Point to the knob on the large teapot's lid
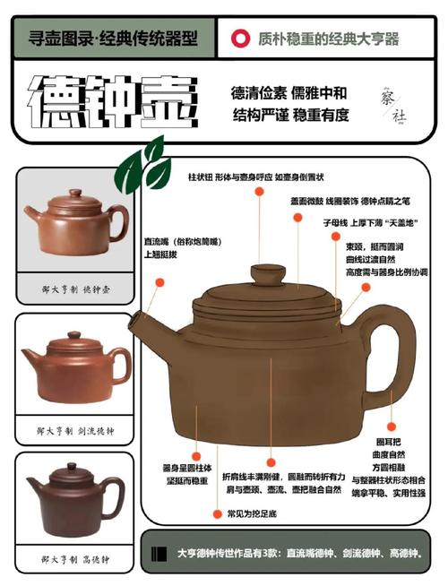click(x=267, y=271)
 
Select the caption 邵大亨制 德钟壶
click(x=74, y=289)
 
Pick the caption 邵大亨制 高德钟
click(x=74, y=558)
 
